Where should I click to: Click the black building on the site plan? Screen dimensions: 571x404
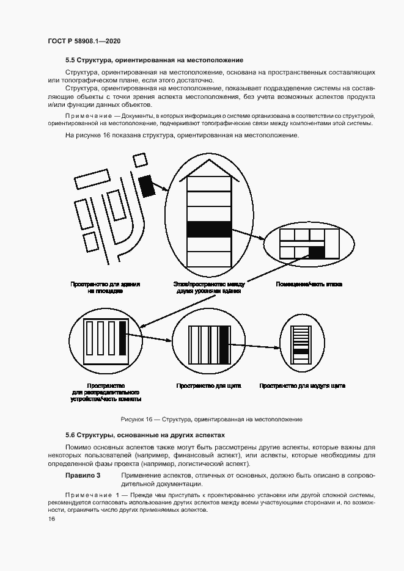click(147, 185)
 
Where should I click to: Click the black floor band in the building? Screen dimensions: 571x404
click(209, 229)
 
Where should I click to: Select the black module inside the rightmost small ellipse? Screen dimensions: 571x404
click(301, 351)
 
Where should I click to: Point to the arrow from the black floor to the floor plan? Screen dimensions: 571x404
click(248, 236)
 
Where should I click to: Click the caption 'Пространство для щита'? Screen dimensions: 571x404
click(208, 386)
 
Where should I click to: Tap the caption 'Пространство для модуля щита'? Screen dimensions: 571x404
click(302, 386)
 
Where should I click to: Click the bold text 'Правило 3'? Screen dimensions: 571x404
click(83, 475)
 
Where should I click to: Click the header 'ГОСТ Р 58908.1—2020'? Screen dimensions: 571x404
click(84, 41)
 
